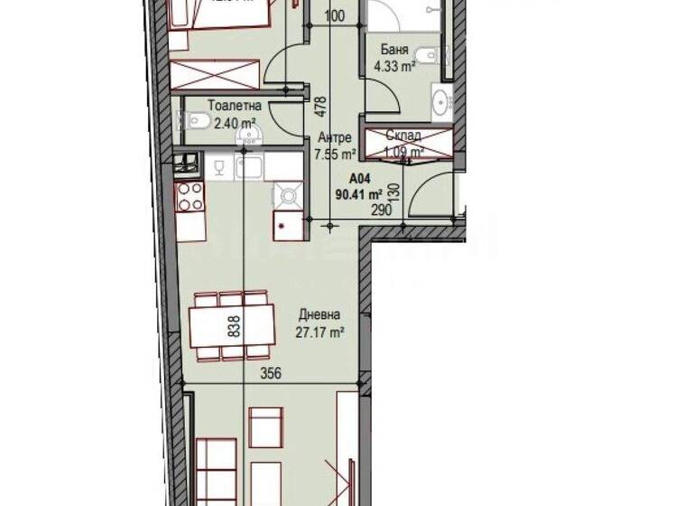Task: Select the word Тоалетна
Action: pos(226,106)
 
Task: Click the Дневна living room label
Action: pos(320,315)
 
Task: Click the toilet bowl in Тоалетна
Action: pos(199,119)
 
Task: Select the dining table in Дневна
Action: pos(232,321)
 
